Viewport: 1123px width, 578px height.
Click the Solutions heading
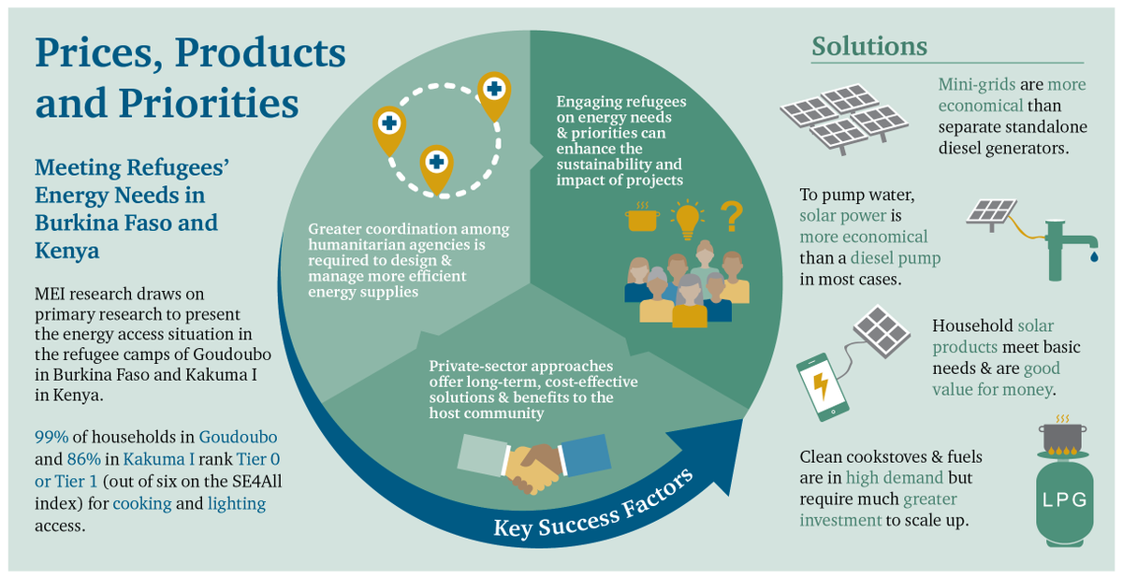869,46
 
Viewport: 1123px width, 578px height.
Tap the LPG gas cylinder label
1065,499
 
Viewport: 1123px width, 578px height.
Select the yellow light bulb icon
689,218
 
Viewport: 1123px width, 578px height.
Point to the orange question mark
732,216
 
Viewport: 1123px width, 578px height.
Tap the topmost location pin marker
493,93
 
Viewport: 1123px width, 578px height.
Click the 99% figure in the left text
52,438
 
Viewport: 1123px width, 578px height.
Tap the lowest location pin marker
435,165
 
